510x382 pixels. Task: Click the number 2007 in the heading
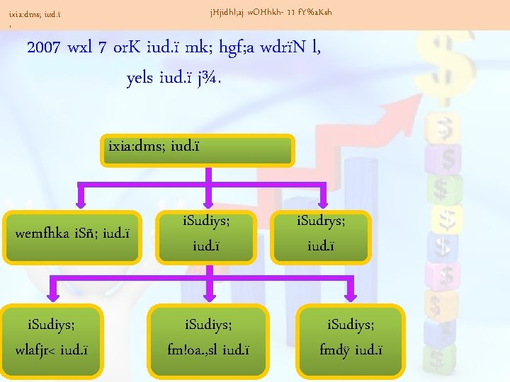point(44,50)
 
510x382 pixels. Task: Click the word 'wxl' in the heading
point(82,50)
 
